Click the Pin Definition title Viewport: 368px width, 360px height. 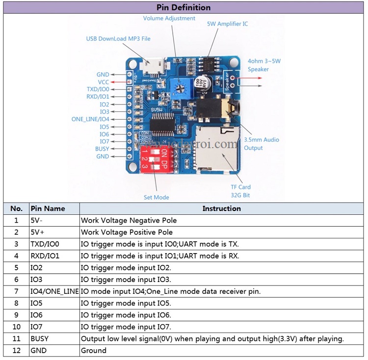[x=184, y=7]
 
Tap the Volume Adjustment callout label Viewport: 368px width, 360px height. [x=169, y=18]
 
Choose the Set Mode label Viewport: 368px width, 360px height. [x=156, y=197]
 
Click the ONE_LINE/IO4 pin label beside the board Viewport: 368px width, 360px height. [x=90, y=119]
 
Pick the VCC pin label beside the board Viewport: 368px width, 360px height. [x=103, y=82]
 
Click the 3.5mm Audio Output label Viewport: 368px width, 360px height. [x=261, y=144]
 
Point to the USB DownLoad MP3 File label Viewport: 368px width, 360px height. [x=118, y=38]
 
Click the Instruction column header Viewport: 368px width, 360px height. [x=221, y=208]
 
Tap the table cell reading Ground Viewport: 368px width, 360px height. [x=94, y=350]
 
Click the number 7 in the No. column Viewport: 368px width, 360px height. [x=16, y=291]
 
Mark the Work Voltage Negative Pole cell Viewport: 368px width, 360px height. [x=129, y=220]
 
